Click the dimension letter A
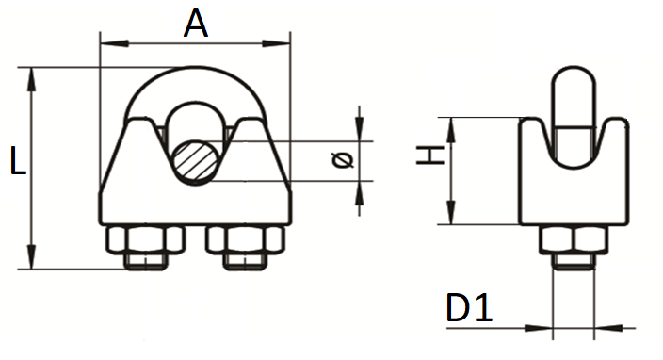tap(196, 24)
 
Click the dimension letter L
tap(18, 160)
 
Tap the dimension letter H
tap(430, 155)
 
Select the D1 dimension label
tap(469, 307)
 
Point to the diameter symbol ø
tap(343, 160)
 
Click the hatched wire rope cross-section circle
tap(195, 162)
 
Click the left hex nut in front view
tap(146, 240)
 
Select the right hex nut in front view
tap(245, 240)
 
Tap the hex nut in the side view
tap(574, 240)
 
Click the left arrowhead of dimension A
tap(115, 43)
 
